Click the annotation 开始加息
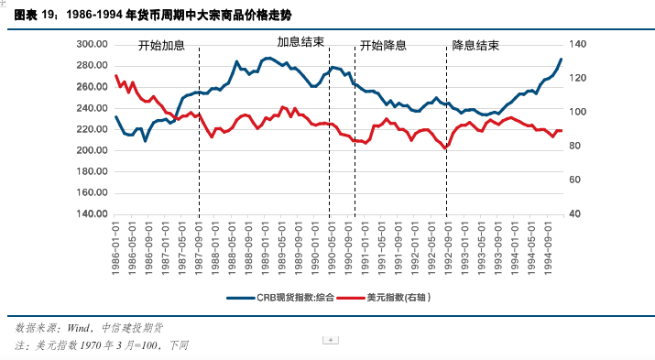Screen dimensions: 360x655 (x=162, y=46)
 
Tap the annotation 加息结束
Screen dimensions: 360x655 (x=300, y=42)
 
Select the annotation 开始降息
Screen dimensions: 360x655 (x=383, y=46)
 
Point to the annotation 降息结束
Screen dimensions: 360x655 (x=475, y=46)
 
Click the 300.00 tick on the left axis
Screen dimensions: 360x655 (x=92, y=44)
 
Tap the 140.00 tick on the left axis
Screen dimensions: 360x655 (x=92, y=214)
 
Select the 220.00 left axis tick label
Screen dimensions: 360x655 (x=92, y=129)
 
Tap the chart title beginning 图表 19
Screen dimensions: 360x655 (x=128, y=15)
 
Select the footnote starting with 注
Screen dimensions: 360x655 (x=101, y=344)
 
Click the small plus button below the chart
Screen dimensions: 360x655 (x=330, y=340)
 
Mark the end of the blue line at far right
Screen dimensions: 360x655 (x=561, y=60)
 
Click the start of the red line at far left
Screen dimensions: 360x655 (x=115, y=76)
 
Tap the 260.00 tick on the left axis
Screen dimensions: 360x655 (x=92, y=87)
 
